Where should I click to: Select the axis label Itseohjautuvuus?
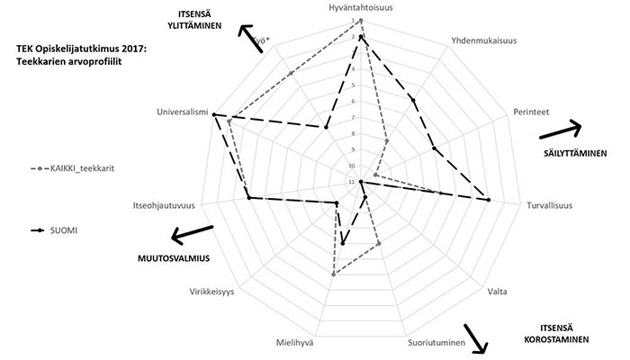click(x=166, y=204)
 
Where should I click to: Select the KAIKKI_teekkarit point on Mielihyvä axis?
click(x=333, y=274)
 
